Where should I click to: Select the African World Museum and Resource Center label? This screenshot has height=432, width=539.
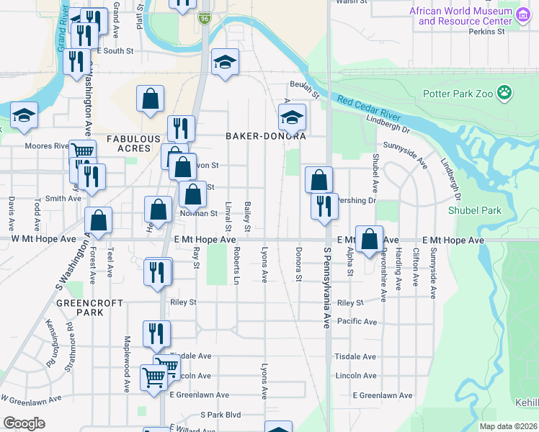[x=465, y=16]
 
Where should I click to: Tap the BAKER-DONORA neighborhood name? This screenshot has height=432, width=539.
[x=266, y=135]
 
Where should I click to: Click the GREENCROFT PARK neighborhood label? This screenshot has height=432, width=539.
[x=100, y=308]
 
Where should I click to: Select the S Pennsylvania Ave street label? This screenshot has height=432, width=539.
[x=326, y=288]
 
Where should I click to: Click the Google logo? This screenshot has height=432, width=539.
[x=24, y=423]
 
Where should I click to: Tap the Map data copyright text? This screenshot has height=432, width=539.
[x=508, y=426]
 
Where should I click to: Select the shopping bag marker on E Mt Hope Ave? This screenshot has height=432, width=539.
[x=369, y=239]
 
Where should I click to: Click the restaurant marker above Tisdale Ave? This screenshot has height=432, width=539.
[x=156, y=333]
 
